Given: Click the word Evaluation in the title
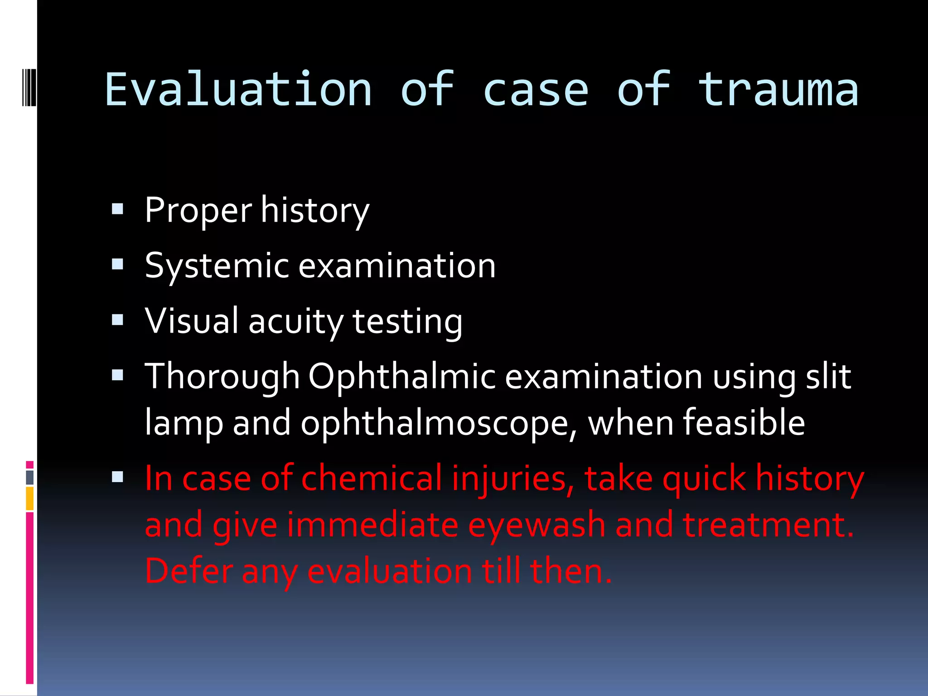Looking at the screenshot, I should (238, 90).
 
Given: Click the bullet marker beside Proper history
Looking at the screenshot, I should (118, 209).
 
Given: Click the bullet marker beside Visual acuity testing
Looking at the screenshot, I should (118, 320).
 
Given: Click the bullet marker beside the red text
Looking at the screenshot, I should (118, 477).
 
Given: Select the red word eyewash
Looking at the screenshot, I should (536, 525).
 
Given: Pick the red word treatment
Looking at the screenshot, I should (768, 525).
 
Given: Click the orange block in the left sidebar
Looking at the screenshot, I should (30, 498).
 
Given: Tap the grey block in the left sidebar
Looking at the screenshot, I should (30, 477).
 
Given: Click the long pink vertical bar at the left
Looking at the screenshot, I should (30, 598).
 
